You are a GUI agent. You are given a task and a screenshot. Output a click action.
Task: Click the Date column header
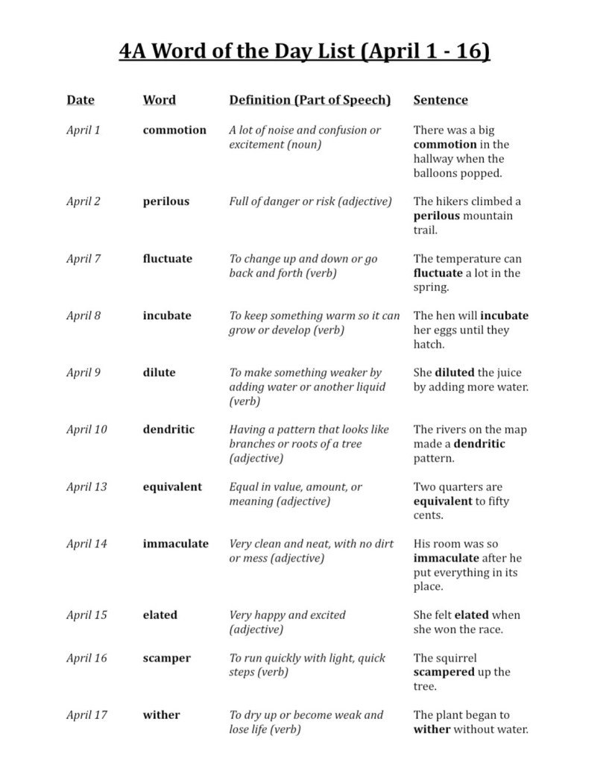tap(81, 100)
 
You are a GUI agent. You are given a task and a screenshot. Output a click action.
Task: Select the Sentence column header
tap(441, 100)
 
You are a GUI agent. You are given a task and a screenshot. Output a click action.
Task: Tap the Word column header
tap(160, 100)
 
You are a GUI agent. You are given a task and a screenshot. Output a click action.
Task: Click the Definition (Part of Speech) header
tap(309, 100)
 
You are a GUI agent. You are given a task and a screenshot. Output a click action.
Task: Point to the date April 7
tap(83, 259)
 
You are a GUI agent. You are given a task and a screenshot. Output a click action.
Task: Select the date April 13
tap(86, 487)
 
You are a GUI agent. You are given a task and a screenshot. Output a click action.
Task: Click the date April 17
tap(86, 715)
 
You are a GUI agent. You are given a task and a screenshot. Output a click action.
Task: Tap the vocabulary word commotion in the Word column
tap(174, 130)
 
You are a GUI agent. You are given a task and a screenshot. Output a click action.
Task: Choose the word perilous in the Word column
tap(166, 201)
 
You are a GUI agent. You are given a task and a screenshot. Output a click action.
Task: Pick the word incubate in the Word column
tap(167, 315)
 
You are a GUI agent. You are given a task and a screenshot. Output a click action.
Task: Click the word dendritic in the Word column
tap(168, 430)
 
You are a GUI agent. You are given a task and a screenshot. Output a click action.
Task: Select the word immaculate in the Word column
tap(176, 544)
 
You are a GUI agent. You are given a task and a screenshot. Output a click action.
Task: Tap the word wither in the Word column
tap(162, 715)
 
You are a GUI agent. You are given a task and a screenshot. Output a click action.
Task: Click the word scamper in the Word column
tap(167, 658)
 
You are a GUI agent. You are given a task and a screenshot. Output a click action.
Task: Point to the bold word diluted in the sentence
tap(455, 373)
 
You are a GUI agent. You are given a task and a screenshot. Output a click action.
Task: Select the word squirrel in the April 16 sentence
tap(456, 658)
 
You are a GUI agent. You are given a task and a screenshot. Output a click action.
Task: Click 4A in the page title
tap(135, 51)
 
